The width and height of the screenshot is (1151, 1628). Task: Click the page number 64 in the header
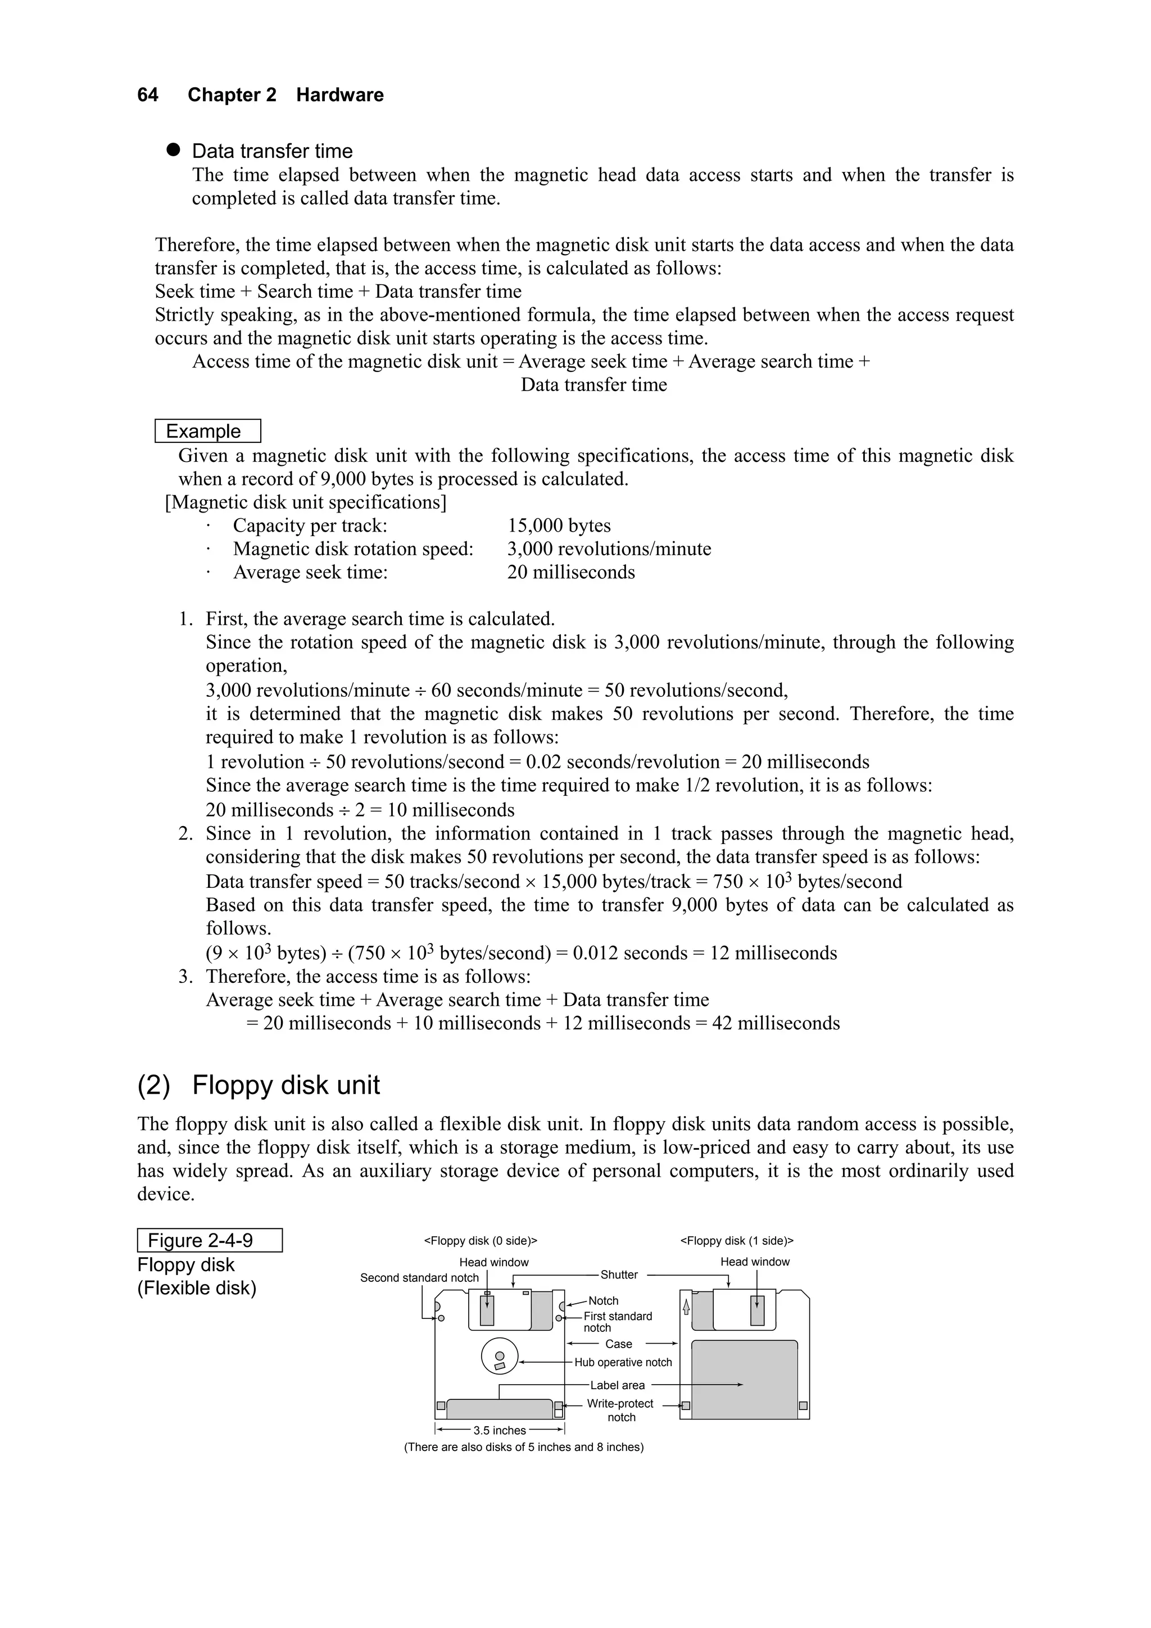pos(147,95)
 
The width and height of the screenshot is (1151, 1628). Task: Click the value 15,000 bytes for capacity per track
pos(559,525)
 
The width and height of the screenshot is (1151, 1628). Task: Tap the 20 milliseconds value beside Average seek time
pos(571,572)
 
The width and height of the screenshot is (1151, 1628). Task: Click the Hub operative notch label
pos(623,1362)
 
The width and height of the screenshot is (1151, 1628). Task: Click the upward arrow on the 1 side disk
pos(686,1307)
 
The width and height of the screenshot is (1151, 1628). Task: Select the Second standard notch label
pos(419,1278)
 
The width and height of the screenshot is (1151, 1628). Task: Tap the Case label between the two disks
pos(618,1344)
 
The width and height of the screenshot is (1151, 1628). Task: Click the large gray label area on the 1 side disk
pos(744,1379)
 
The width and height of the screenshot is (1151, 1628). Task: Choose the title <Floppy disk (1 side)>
pos(737,1240)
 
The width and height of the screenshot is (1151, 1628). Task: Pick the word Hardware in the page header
pos(339,95)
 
